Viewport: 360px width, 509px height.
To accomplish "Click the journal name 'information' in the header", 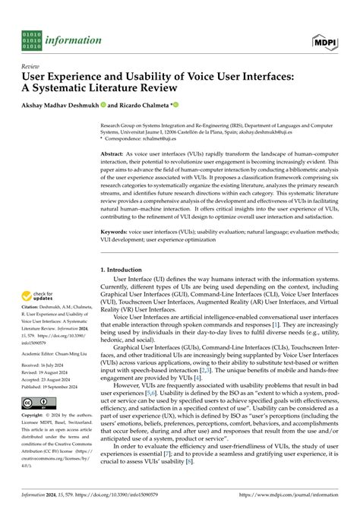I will pyautogui.click(x=74, y=40).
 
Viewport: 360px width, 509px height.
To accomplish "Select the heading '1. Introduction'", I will pyautogui.click(x=126, y=270).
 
